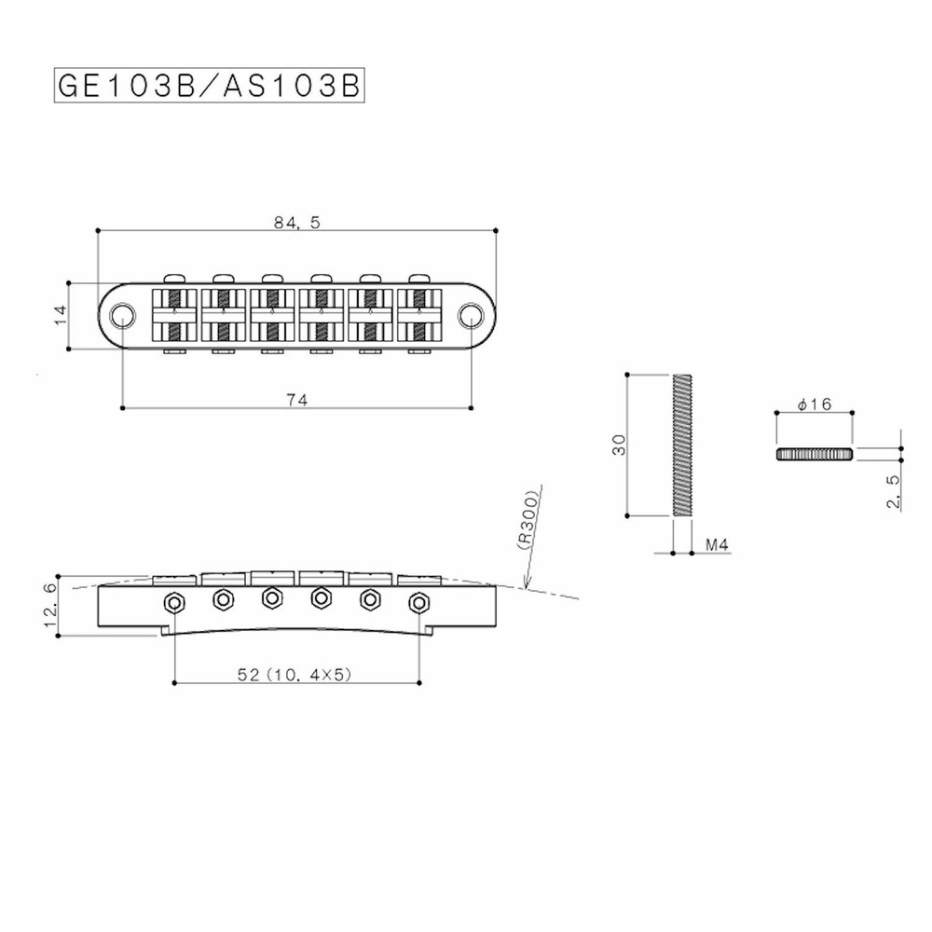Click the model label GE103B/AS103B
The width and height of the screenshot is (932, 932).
tap(208, 85)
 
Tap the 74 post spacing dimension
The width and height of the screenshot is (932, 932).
tap(296, 399)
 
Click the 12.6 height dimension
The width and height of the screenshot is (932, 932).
tap(49, 603)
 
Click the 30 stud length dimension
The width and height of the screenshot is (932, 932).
tap(618, 444)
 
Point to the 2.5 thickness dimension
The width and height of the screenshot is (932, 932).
tap(893, 489)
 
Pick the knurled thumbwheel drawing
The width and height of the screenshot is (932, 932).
tap(814, 453)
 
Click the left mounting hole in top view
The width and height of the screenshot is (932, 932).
tap(121, 316)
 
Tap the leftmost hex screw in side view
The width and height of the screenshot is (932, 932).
tap(173, 601)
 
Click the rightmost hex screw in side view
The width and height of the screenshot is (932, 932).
tap(418, 601)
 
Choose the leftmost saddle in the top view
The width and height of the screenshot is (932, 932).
tap(173, 315)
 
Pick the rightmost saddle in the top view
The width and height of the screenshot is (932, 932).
tap(418, 315)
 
